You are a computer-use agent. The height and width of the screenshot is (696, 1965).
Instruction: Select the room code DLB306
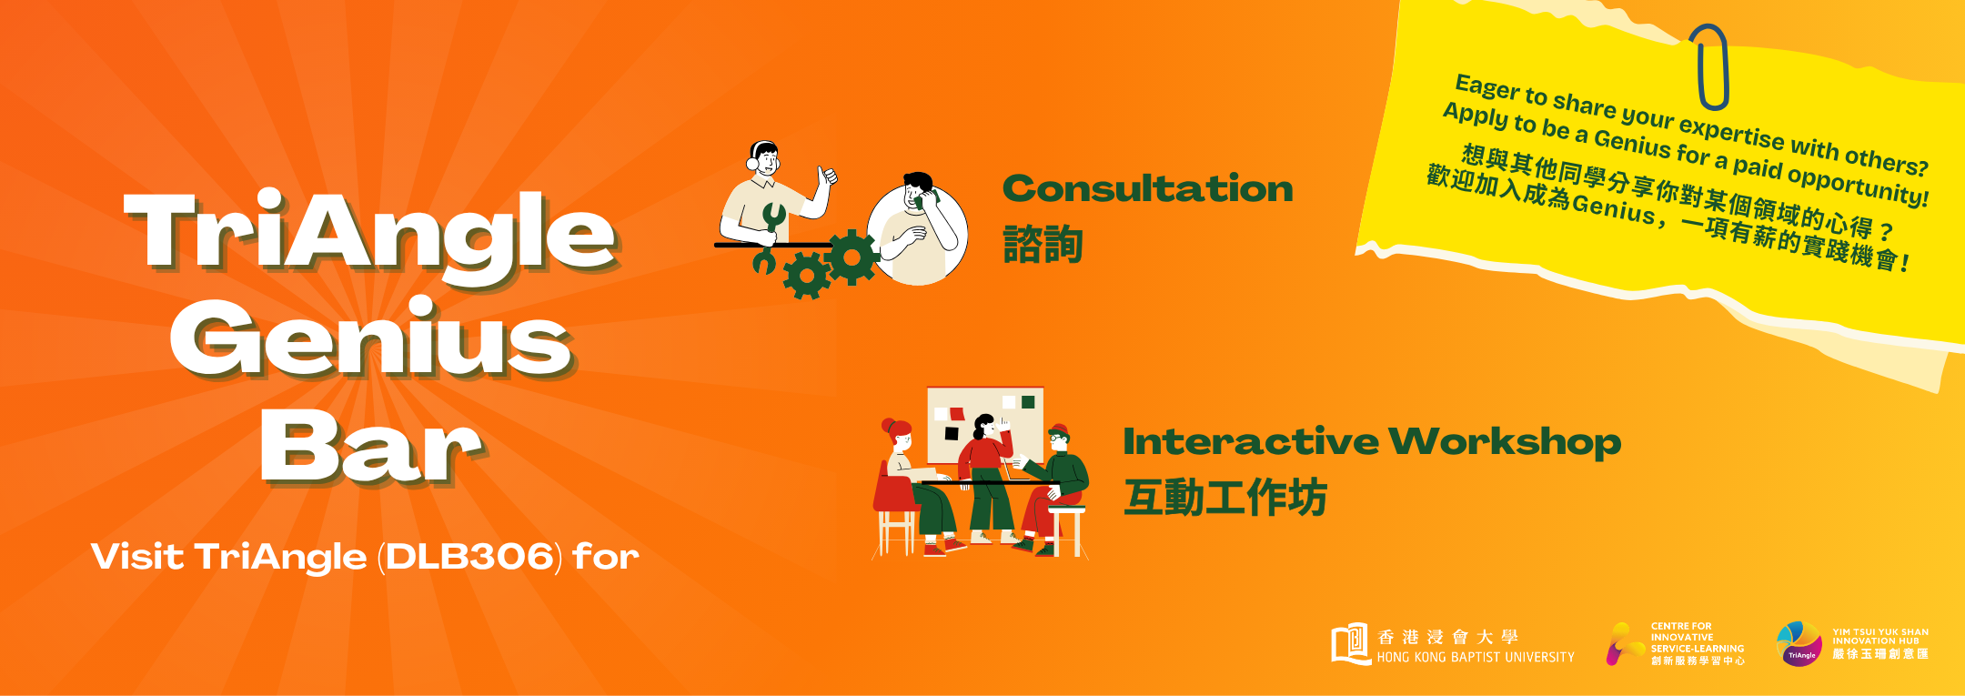(x=469, y=557)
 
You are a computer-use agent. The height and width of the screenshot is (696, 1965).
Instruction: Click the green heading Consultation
(x=1147, y=188)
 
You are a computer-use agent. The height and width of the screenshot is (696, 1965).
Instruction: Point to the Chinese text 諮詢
(x=1043, y=245)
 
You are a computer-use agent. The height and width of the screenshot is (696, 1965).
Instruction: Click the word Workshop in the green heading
(x=1505, y=442)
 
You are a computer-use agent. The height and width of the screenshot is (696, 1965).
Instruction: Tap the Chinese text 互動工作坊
(x=1225, y=498)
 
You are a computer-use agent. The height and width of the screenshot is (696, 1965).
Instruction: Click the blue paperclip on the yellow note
(x=1709, y=66)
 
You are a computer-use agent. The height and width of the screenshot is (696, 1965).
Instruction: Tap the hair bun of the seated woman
(x=888, y=425)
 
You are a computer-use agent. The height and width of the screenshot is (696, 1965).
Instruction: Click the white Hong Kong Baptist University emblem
(x=1350, y=643)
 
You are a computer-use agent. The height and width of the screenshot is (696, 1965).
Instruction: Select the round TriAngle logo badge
(x=1799, y=644)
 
